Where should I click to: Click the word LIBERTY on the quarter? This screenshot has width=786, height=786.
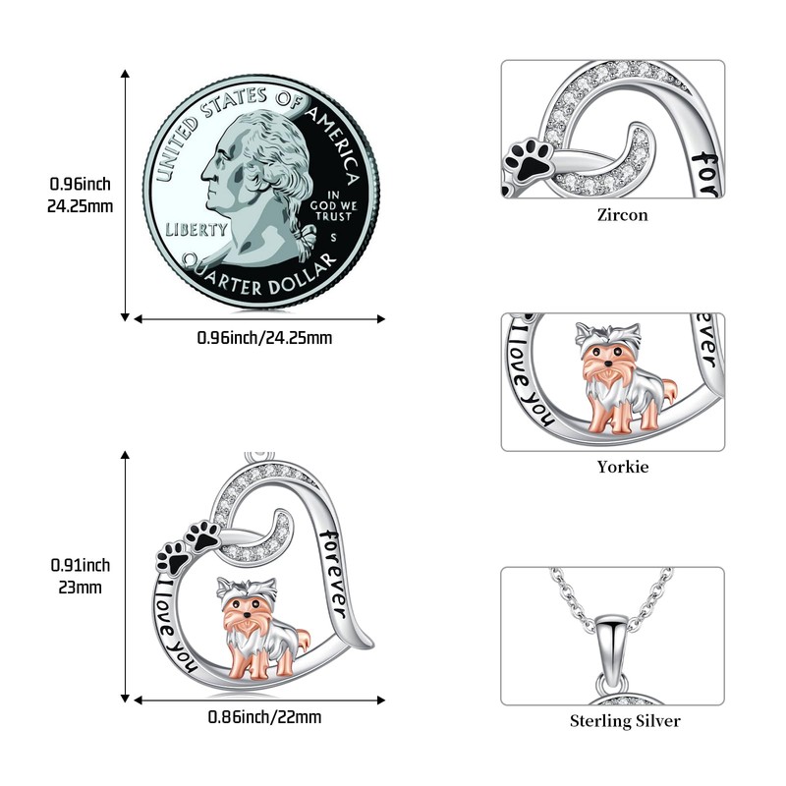pos(196,229)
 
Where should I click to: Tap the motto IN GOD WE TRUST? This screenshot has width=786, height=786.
pos(333,205)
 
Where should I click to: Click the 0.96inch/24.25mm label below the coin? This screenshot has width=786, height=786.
pos(264,338)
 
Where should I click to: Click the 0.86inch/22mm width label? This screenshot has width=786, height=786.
pos(264,717)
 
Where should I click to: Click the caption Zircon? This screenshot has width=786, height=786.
pos(623,214)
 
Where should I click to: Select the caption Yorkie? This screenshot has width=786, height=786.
pos(623,467)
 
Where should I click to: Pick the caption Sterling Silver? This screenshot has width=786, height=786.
pos(625,721)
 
